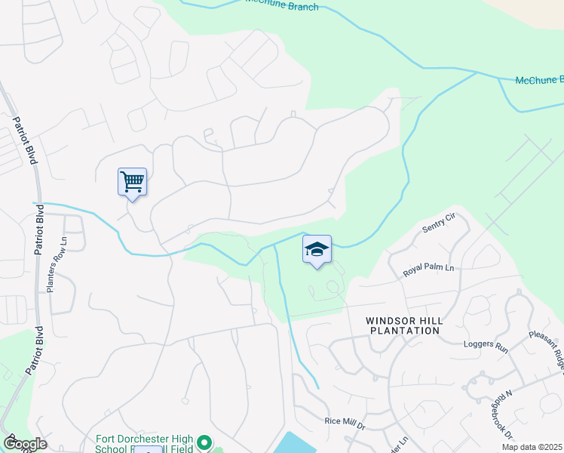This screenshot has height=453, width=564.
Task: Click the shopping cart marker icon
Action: [x=132, y=182]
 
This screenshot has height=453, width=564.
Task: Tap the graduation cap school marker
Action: [x=317, y=249]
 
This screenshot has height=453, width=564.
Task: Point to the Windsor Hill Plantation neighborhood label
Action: [x=405, y=326]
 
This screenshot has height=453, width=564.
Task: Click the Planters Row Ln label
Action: [x=51, y=265]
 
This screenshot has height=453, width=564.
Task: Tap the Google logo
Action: [x=25, y=443]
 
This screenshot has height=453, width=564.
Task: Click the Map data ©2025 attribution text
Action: [x=532, y=447]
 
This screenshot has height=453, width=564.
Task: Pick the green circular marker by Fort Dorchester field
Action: [x=204, y=442]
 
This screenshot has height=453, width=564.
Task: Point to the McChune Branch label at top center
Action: [x=282, y=5]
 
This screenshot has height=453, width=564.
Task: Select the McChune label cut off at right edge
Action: [x=538, y=80]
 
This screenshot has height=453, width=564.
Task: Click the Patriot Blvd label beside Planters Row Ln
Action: [x=38, y=248]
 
